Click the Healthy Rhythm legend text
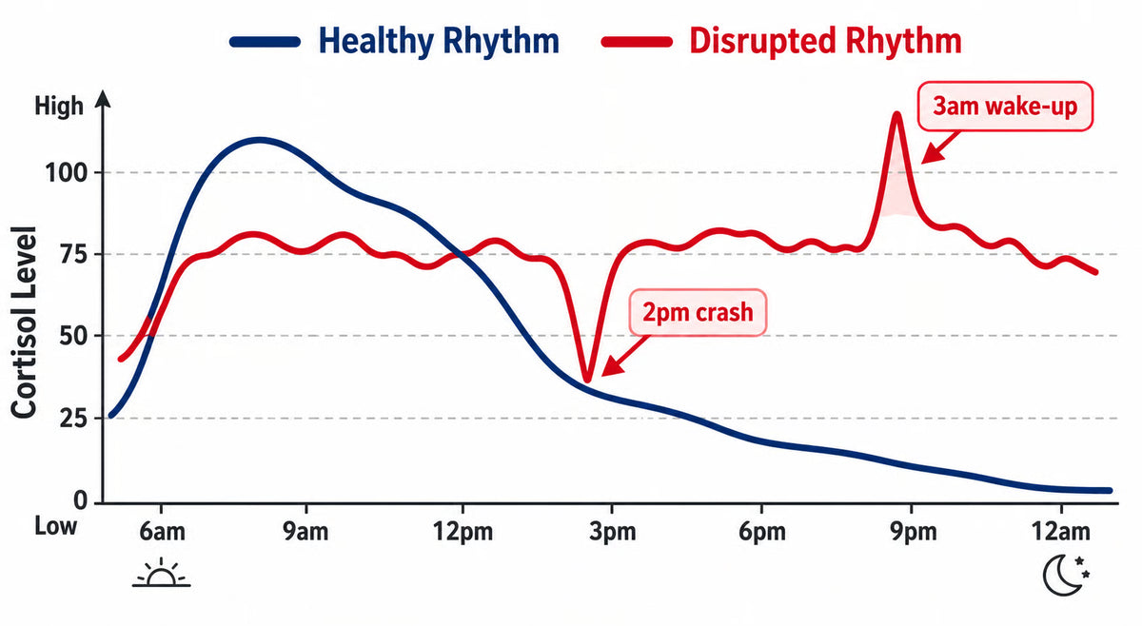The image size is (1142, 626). coord(439,41)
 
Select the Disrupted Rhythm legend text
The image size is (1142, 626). coord(825,41)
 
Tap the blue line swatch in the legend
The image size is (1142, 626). coord(265,42)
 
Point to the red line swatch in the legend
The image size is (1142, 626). coord(637,42)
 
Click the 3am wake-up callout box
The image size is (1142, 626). coord(1005,107)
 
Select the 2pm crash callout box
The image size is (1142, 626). coord(698,312)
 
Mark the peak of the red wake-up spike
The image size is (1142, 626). coord(896,114)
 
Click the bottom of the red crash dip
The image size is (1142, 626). coord(587,380)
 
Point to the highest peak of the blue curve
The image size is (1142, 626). coord(260,140)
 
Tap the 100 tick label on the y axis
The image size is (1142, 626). coord(67,173)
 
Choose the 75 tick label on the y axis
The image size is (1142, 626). coord(73,254)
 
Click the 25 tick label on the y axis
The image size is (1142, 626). coord(73,419)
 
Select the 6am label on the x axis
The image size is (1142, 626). coord(162,531)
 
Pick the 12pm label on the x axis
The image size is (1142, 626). coord(463,531)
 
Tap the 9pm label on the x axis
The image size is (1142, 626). coord(913,531)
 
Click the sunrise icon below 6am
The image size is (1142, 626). coord(162,572)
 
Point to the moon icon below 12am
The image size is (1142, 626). coord(1066,575)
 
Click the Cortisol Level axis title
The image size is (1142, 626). coord(24,323)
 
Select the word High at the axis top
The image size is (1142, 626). coord(59,107)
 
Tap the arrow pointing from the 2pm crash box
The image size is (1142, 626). coord(625,356)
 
